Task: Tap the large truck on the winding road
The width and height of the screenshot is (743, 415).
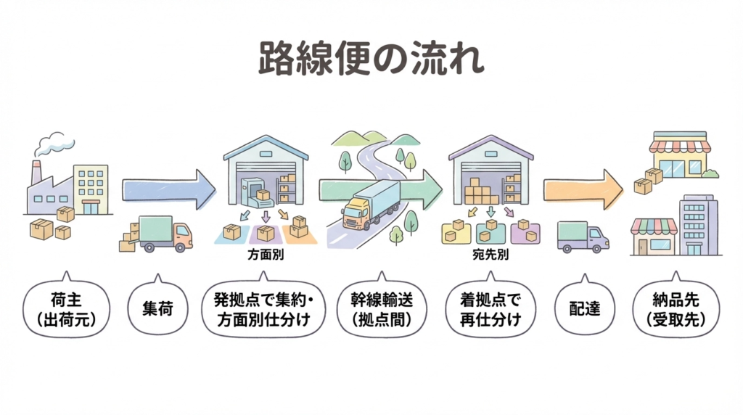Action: [371, 204]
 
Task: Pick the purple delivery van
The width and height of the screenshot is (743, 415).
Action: [582, 236]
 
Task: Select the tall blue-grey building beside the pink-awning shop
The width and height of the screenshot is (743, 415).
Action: [698, 225]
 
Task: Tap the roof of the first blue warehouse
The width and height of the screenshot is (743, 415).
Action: [266, 147]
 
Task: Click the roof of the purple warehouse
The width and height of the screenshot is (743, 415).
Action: [490, 147]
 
